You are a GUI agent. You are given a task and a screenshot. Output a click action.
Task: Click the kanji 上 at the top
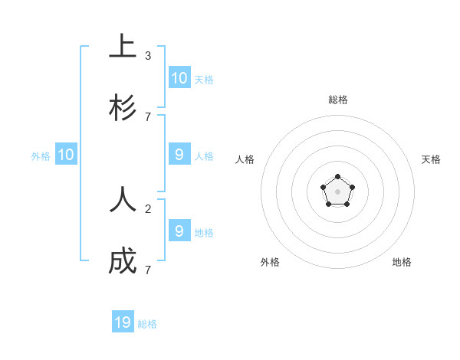[123, 47]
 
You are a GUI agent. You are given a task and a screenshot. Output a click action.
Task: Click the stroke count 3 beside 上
[148, 56]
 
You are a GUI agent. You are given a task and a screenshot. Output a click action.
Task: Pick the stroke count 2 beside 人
[148, 208]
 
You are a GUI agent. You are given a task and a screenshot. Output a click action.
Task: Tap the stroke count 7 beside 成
[148, 270]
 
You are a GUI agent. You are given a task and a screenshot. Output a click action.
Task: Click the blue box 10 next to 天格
[179, 78]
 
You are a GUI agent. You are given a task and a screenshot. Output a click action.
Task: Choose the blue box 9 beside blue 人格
[179, 155]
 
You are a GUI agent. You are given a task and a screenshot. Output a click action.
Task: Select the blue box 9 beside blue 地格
[179, 231]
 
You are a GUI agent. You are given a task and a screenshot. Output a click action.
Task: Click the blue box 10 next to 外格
[66, 155]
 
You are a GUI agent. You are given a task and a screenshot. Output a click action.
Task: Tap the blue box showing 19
[123, 322]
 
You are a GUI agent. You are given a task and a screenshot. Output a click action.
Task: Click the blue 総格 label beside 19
[147, 324]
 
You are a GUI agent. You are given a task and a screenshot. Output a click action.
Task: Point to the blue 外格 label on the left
[41, 156]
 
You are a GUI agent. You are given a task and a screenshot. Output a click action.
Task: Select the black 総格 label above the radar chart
[338, 100]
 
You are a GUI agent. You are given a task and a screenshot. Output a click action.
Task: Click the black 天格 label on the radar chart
[431, 159]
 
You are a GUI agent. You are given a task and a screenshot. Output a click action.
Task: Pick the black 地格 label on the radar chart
[402, 262]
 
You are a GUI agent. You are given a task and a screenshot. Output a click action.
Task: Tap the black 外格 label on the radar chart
[270, 262]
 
